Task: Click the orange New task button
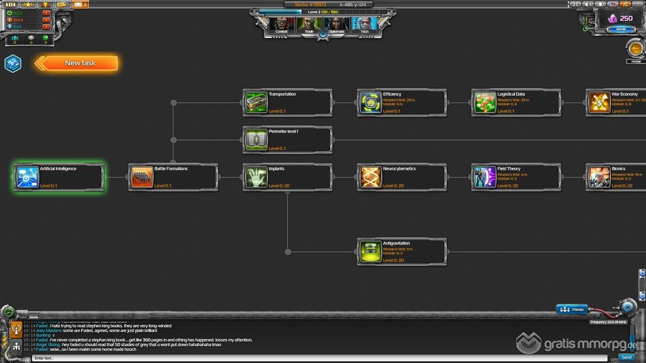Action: click(x=79, y=63)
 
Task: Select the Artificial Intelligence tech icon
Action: click(x=27, y=177)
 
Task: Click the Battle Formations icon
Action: click(x=141, y=177)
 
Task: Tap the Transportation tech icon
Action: click(x=256, y=103)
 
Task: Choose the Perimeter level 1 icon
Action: click(x=256, y=140)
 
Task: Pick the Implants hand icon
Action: click(x=256, y=177)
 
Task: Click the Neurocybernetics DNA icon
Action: click(x=370, y=177)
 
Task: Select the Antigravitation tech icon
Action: click(x=370, y=251)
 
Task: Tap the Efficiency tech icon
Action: click(x=370, y=103)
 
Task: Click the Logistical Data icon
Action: click(x=484, y=103)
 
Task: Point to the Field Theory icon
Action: click(x=484, y=177)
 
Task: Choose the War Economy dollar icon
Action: click(x=599, y=103)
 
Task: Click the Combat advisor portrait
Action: click(x=281, y=25)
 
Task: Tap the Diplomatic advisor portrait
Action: click(x=337, y=25)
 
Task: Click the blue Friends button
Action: click(x=573, y=309)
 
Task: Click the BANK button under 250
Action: click(x=621, y=29)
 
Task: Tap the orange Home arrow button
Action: click(x=635, y=49)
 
